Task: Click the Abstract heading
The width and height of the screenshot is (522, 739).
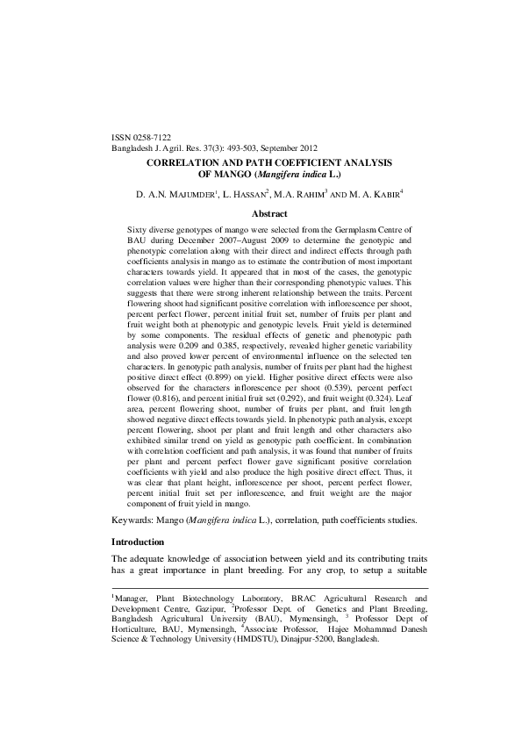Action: (269, 213)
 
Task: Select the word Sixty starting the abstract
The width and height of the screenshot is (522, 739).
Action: (139, 228)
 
